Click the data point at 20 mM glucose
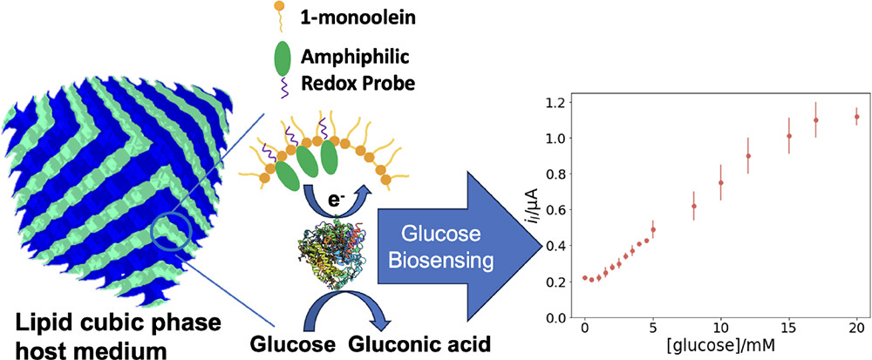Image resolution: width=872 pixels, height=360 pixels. tap(856, 117)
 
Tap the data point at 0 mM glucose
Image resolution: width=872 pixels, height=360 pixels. tap(584, 278)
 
